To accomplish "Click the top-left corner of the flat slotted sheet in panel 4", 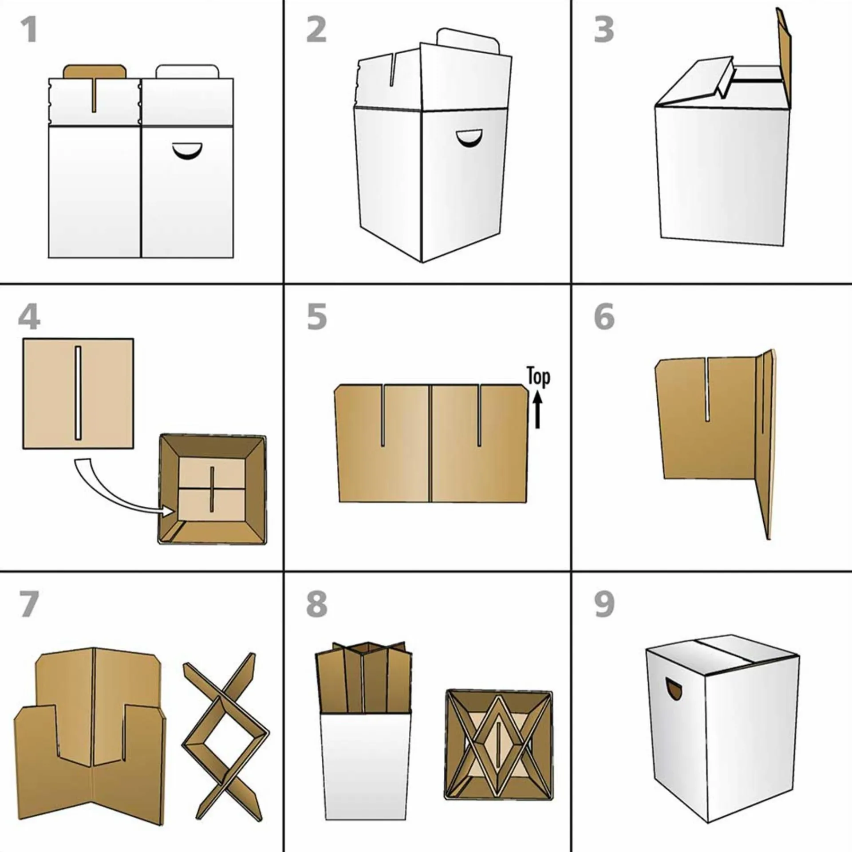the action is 23,339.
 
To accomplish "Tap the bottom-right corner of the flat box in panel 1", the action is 233,258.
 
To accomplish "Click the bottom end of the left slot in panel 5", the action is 383,445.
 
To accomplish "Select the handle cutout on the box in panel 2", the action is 469,139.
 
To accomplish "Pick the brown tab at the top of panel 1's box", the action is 95,72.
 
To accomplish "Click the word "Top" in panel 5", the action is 538,378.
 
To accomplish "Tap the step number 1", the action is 29,30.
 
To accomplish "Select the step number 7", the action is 29,604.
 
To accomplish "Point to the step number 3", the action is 604,30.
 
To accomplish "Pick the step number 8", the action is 316,604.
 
